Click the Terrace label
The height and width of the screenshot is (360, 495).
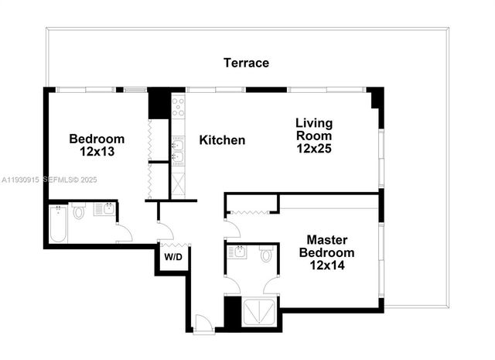click(246, 63)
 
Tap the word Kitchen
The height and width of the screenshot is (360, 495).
click(222, 140)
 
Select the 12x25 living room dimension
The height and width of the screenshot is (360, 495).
click(314, 148)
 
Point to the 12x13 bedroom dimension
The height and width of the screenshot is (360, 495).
click(97, 152)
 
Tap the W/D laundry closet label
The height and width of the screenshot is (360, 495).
click(172, 257)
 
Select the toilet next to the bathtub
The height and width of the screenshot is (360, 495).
click(79, 211)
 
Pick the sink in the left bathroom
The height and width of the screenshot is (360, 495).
click(104, 208)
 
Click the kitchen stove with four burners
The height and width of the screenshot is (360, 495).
click(177, 107)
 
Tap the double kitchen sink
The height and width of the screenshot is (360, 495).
click(177, 152)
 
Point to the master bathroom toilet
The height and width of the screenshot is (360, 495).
click(266, 254)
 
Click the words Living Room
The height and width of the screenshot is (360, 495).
click(314, 129)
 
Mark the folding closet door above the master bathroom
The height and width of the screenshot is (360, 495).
click(251, 211)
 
